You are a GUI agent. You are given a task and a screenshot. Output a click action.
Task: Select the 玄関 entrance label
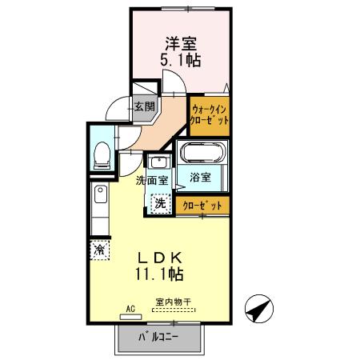(x=143, y=105)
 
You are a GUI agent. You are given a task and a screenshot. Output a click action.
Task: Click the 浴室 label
(x=201, y=178)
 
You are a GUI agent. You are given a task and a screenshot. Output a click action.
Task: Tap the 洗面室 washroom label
(x=151, y=180)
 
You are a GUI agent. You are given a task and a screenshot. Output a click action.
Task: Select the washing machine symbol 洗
(x=161, y=203)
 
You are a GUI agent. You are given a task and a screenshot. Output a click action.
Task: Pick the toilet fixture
(x=102, y=153)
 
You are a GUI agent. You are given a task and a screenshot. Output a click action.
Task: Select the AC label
(x=130, y=306)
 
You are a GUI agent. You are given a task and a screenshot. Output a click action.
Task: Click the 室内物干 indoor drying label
(x=174, y=302)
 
